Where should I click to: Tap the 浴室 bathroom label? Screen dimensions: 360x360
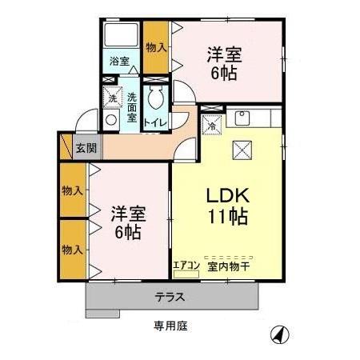pos(119,61)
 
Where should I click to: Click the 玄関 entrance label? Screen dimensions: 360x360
pos(86,147)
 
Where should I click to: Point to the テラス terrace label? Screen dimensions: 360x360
pos(170,297)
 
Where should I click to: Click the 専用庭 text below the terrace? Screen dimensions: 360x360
pos(171,326)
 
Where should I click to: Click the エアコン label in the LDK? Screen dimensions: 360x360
pos(185,266)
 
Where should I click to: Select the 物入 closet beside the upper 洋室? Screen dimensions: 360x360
pos(156,47)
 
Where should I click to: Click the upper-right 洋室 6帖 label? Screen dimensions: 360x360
pos(225,62)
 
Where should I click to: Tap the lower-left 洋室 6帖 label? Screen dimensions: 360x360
pos(126,222)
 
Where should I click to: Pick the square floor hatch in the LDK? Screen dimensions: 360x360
pos(242,149)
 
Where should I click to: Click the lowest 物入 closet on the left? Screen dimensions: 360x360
pos(73,250)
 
